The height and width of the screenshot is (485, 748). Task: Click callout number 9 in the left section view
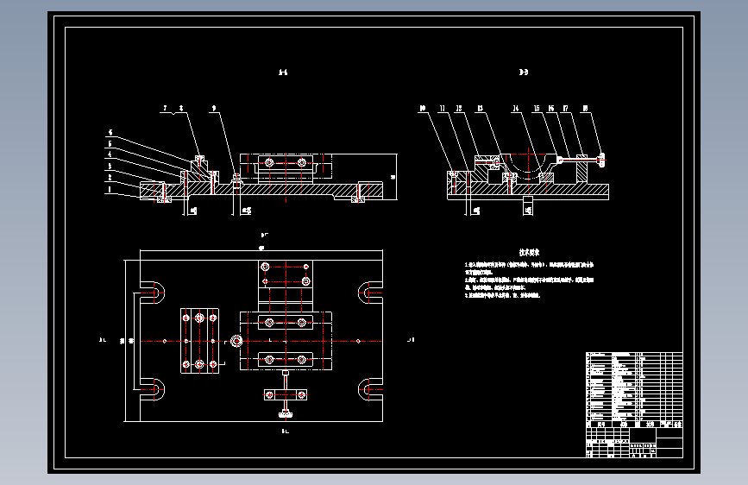pos(214,110)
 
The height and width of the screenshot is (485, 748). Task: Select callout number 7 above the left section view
pos(164,110)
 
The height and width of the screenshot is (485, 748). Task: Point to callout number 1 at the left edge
pos(110,189)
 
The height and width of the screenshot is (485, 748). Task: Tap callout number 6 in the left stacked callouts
pos(110,133)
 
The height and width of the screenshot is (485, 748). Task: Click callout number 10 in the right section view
pos(423,110)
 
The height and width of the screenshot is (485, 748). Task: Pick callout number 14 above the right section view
pos(515,110)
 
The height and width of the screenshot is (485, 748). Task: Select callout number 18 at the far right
pos(585,110)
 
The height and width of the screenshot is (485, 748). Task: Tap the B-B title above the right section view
pos(524,72)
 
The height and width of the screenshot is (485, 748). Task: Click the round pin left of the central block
pos(236,342)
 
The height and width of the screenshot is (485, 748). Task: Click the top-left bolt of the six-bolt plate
pos(186,318)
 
